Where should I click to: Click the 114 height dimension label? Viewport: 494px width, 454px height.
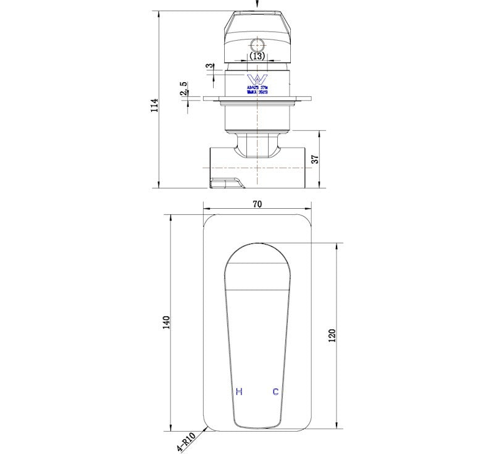[154, 104]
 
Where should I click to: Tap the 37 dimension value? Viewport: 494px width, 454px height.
[315, 159]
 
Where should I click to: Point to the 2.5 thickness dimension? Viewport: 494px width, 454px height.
[183, 90]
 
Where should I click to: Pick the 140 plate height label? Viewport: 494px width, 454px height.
[165, 322]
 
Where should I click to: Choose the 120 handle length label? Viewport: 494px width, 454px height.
[332, 335]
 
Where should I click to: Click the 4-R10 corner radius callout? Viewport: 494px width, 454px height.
[185, 442]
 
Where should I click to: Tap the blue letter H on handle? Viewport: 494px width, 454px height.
[239, 392]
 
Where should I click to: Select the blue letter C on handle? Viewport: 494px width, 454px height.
[275, 392]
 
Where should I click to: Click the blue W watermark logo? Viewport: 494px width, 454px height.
[256, 79]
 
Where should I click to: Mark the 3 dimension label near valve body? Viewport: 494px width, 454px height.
[211, 65]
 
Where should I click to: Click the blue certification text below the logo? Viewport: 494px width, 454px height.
[256, 91]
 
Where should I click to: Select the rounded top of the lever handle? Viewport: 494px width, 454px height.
[257, 253]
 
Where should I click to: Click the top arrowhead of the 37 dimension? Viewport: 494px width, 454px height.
[320, 133]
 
